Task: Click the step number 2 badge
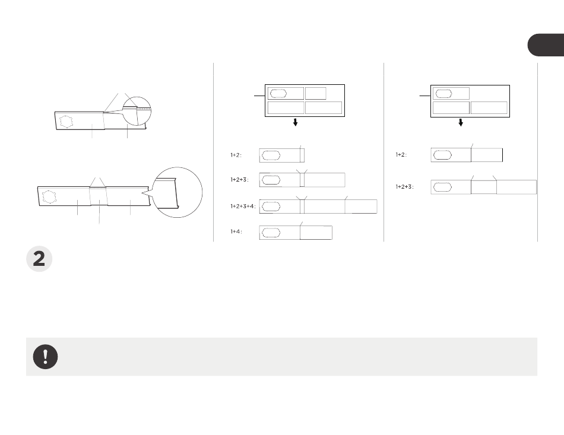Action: pos(39,259)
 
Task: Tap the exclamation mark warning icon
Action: pos(45,357)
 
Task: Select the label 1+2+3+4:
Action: pos(243,207)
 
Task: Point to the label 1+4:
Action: pos(236,231)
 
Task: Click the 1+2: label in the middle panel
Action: pos(236,155)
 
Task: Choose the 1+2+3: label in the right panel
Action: pos(405,187)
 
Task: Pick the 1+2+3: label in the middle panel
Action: pos(240,180)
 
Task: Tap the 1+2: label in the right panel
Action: pos(401,154)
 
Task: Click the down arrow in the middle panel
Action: pos(295,122)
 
